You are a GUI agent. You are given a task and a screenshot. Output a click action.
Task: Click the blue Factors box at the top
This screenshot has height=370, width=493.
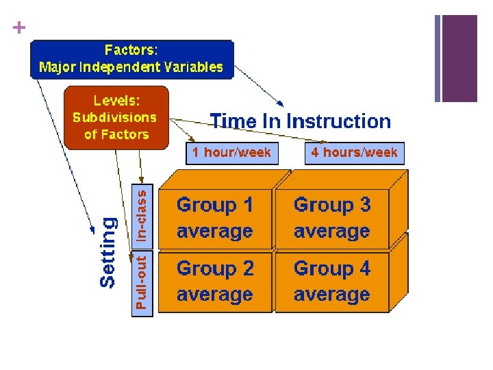(131, 59)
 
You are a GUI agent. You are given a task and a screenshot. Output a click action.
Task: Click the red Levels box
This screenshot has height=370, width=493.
(115, 117)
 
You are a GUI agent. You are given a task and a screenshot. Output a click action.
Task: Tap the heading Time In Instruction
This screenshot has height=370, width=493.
(301, 122)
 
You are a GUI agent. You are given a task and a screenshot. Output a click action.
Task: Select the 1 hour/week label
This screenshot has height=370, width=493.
(231, 153)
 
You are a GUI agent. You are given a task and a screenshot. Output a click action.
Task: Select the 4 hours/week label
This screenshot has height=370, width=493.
(354, 153)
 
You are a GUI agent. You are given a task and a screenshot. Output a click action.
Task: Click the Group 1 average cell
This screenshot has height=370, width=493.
(215, 218)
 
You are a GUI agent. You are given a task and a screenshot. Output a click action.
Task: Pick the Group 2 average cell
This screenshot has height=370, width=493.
(215, 282)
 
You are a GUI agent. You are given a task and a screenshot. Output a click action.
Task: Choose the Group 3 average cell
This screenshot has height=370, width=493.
(332, 218)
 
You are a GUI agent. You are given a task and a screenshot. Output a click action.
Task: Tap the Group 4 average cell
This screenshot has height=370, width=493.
(332, 282)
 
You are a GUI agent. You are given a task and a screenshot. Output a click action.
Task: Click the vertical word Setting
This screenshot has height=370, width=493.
(108, 251)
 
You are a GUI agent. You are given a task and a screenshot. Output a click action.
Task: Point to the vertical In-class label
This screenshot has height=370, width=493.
(141, 215)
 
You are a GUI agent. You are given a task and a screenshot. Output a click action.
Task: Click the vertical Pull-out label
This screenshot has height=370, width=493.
(141, 283)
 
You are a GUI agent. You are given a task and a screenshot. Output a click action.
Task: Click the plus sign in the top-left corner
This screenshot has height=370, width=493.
(18, 28)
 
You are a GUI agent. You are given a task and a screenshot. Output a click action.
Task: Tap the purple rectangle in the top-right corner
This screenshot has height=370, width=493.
(459, 58)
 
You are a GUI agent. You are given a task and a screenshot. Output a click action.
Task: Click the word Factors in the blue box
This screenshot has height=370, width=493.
(131, 51)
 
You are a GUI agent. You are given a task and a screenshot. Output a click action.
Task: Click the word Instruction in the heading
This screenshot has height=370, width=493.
(338, 122)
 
